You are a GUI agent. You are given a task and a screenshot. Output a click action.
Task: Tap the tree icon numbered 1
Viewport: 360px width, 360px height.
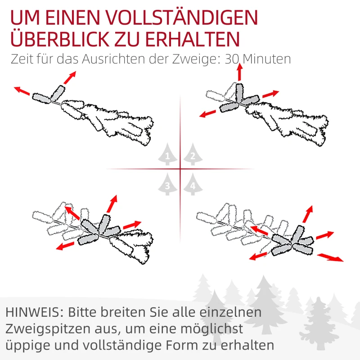(167, 156)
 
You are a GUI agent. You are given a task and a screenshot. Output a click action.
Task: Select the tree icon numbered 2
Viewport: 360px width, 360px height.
(193, 156)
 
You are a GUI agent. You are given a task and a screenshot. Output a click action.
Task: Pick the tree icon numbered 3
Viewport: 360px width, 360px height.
(167, 184)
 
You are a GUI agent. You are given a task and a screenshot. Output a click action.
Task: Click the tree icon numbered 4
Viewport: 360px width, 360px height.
(193, 184)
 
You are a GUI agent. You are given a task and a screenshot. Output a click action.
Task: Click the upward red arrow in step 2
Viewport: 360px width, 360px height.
(239, 72)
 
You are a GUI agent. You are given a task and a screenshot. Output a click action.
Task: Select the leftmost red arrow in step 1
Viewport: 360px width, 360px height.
(22, 91)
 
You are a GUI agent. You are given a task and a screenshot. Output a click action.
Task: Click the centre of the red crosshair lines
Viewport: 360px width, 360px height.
(180, 169)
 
